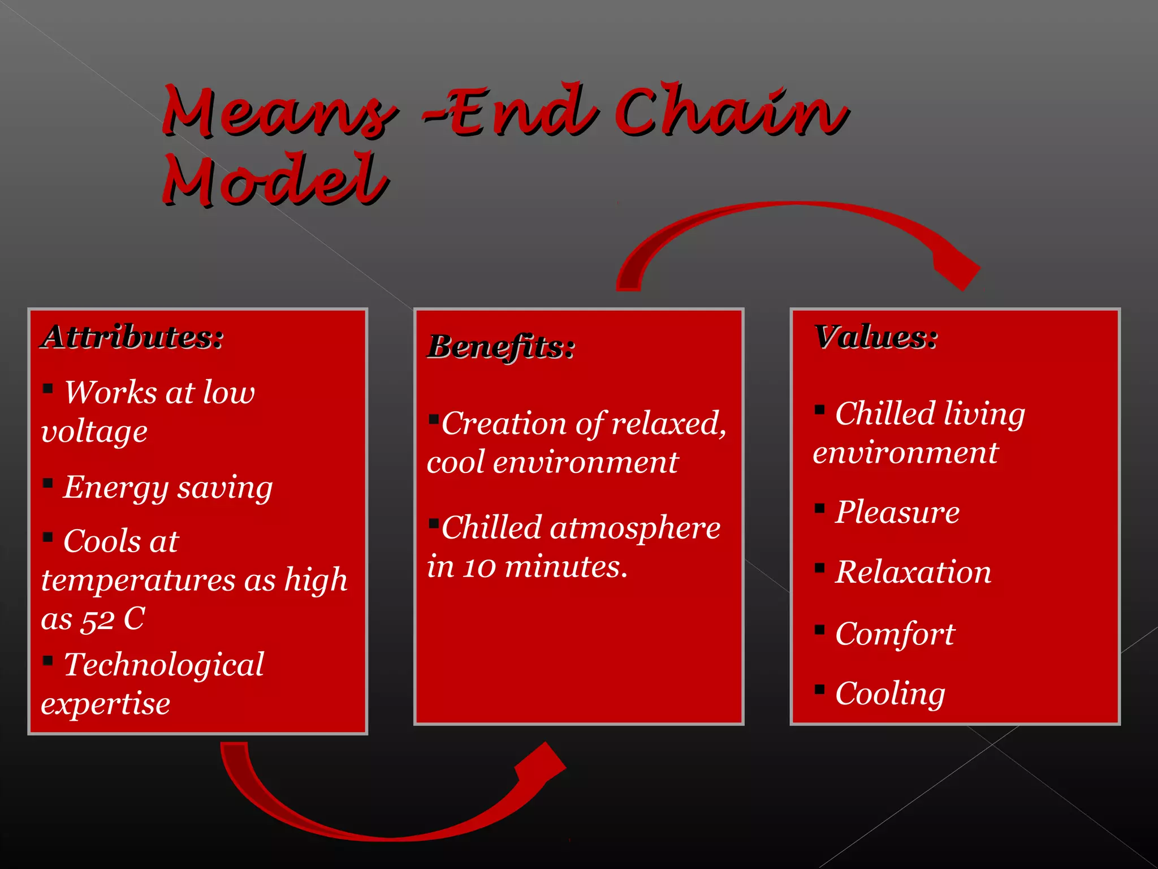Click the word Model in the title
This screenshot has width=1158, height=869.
[276, 180]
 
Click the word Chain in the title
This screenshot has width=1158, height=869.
[732, 111]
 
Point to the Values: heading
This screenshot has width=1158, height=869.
[876, 337]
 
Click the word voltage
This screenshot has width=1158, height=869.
[94, 432]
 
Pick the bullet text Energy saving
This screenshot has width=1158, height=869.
[168, 488]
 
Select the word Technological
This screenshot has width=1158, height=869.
[164, 664]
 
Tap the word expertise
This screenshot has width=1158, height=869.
[106, 704]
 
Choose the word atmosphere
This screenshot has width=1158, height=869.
[635, 528]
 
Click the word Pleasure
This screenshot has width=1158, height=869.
[897, 513]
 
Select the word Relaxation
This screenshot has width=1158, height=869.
[913, 572]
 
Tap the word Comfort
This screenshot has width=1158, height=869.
[895, 634]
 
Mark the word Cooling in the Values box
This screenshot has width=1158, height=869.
[890, 694]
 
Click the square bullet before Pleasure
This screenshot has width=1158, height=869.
[819, 507]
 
